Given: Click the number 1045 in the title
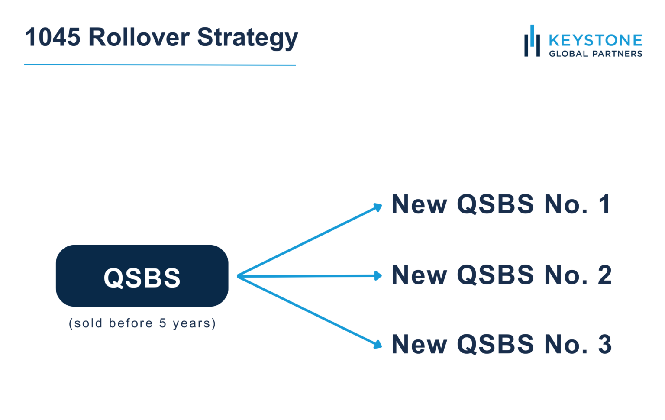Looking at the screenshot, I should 52,37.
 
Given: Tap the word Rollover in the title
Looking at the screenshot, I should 139,37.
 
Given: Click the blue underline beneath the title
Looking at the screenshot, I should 160,65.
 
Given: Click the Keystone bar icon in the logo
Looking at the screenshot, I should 532,41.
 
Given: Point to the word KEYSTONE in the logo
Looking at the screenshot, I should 595,40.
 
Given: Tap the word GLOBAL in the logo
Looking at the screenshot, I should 568,54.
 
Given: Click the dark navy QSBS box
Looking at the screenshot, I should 142,276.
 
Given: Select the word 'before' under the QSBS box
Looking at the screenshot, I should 131,323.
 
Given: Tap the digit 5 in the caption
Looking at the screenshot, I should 163,323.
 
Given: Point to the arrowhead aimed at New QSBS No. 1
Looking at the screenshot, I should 378,207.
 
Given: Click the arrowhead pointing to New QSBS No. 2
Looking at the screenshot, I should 378,275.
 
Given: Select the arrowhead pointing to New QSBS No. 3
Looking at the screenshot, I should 378,345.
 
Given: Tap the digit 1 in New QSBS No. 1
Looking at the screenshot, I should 604,204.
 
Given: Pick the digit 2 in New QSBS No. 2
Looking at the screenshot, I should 604,275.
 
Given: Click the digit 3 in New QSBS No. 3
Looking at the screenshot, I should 604,345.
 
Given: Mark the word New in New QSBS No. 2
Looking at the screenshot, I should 419,275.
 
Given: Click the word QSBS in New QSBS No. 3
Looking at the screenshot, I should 495,345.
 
